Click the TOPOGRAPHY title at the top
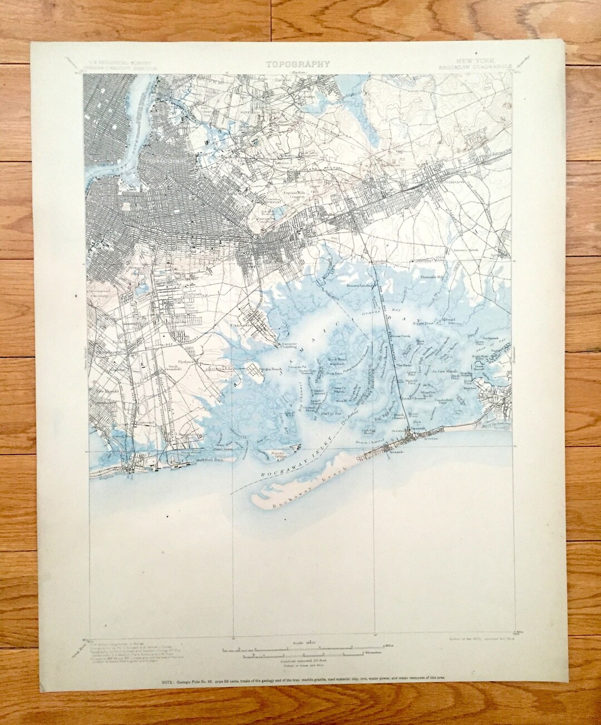pyautogui.click(x=298, y=63)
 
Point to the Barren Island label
pyautogui.click(x=278, y=455)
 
